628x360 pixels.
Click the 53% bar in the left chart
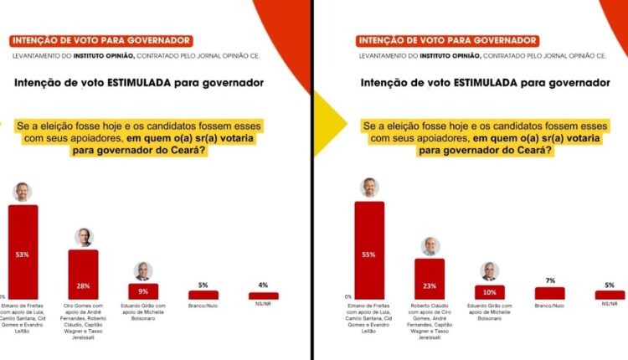click(23, 251)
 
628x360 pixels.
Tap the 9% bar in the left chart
click(143, 291)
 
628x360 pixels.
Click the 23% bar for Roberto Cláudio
click(430, 278)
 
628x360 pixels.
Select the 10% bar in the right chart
click(489, 291)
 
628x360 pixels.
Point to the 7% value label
click(549, 280)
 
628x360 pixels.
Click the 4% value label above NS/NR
click(263, 285)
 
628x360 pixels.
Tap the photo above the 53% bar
click(23, 192)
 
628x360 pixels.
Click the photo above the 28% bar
click(84, 237)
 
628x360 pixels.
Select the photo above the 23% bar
click(430, 246)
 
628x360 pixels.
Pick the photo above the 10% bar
click(489, 271)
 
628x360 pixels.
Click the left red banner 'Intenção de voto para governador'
click(100, 40)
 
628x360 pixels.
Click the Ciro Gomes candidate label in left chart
click(84, 317)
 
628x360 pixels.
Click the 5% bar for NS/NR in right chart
click(610, 295)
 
